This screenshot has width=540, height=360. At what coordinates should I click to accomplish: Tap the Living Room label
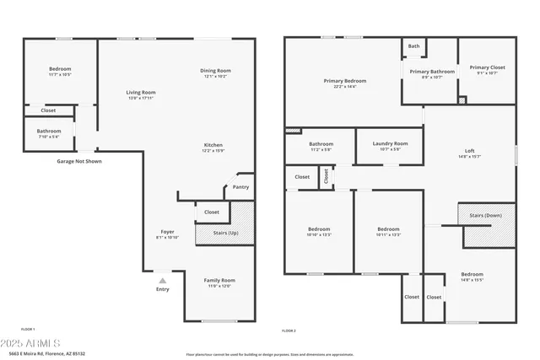(x=141, y=93)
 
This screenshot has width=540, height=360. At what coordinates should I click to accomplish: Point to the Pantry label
(x=240, y=187)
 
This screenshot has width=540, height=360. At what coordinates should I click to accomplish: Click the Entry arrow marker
(x=162, y=280)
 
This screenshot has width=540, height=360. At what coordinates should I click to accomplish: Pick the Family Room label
(x=219, y=280)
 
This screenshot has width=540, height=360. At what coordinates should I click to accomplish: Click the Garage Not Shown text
(x=79, y=161)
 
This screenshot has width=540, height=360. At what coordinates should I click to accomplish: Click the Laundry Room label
(x=390, y=143)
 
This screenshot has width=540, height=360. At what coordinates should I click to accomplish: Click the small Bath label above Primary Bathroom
(x=413, y=46)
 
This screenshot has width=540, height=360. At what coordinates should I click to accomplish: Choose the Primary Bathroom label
(x=432, y=72)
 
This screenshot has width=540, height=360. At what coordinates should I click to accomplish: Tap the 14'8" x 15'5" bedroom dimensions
(x=472, y=280)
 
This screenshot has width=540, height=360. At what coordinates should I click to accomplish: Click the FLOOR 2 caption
(x=289, y=330)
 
